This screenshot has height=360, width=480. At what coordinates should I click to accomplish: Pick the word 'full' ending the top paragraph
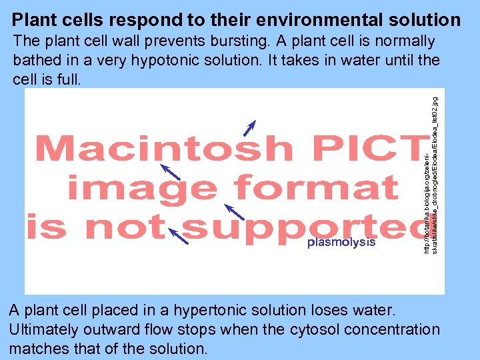point(68,79)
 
